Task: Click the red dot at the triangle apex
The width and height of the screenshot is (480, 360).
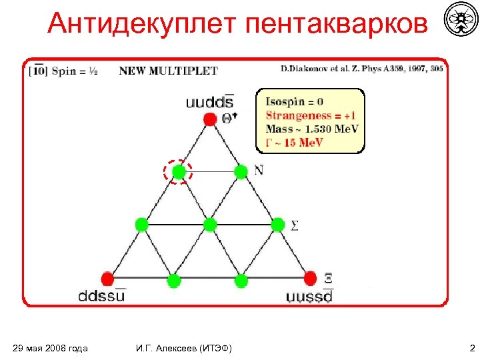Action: (210, 119)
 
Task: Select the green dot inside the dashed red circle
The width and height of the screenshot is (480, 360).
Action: (178, 173)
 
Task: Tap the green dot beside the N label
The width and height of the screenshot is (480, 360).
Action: (241, 172)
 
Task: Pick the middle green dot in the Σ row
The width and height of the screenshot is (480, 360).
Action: (210, 225)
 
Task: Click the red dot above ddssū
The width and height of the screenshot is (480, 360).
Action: (107, 278)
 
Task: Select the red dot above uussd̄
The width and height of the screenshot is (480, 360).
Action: (310, 277)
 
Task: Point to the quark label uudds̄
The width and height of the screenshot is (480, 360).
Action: (210, 102)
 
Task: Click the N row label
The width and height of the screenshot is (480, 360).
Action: (259, 171)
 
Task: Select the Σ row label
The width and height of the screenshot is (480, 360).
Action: (294, 225)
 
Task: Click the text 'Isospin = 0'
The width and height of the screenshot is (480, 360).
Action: (294, 102)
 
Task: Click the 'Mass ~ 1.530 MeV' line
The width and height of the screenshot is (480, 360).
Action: (312, 128)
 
